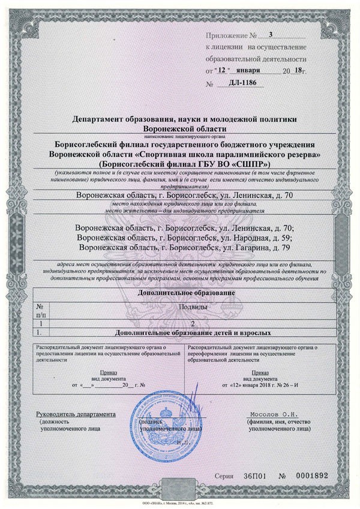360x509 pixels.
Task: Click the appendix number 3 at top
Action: click(x=271, y=35)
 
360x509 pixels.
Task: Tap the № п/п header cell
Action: click(x=40, y=309)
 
